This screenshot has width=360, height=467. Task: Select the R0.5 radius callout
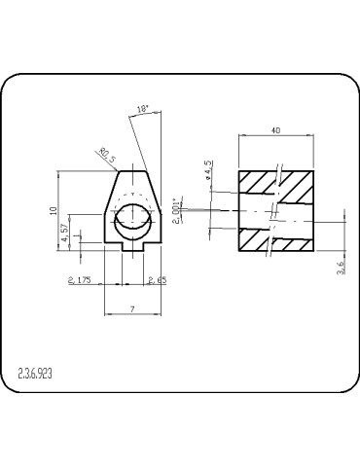coord(107,155)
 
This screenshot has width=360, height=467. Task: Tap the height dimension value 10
coord(56,209)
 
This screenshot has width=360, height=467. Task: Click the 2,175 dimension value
coord(80,280)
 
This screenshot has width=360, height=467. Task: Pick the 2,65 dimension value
coord(157,280)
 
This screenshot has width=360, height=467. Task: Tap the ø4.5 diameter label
coord(208,171)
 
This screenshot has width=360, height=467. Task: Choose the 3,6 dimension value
coord(341,267)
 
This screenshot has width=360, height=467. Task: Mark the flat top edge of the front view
coord(131,171)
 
